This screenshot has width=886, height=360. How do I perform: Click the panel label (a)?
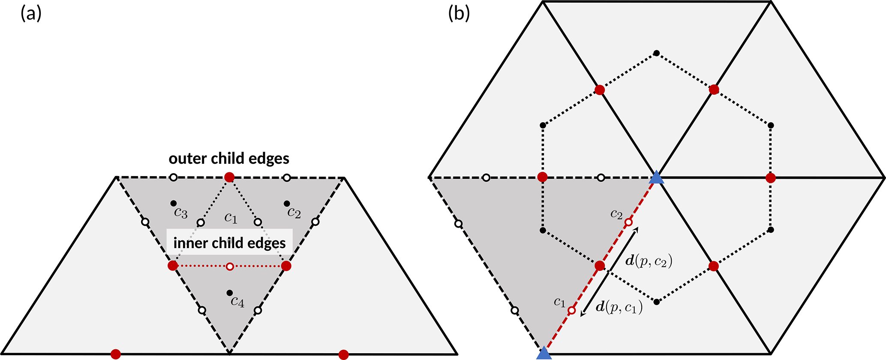pos(31,14)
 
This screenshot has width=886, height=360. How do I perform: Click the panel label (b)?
pos(459,14)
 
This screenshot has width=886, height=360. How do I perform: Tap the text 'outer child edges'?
pos(229,159)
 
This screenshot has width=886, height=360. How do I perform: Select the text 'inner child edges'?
pos(229,243)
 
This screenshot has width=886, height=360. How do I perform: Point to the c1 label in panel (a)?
pos(231,218)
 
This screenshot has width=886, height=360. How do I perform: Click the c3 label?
pos(180,213)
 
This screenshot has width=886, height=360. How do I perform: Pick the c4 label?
pos(237,302)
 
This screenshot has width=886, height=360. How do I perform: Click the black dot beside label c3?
pos(173,203)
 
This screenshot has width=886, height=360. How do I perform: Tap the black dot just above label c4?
pos(230,293)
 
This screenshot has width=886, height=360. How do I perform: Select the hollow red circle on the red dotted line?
pos(230,267)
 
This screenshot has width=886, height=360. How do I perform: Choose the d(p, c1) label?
pos(619,307)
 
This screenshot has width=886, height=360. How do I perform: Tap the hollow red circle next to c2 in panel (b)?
pos(628,222)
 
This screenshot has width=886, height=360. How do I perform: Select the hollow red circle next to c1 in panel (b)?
pos(571,310)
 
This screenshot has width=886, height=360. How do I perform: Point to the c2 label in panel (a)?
pos(294,212)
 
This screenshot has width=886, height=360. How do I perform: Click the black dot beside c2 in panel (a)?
pos(287,203)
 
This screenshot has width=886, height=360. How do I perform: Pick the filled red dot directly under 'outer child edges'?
pos(229,177)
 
